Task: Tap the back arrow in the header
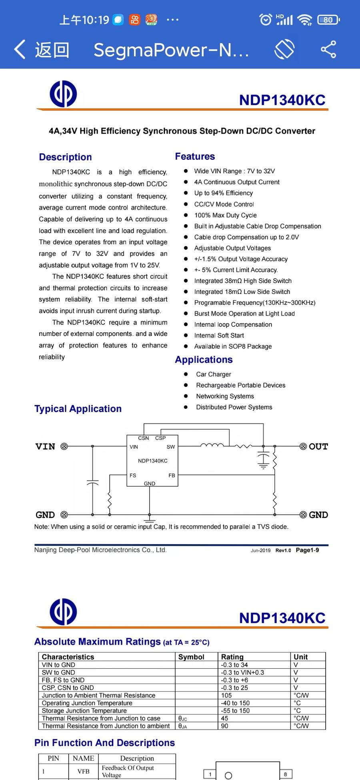tap(20, 50)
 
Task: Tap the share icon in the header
tap(328, 50)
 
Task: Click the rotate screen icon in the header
tap(284, 50)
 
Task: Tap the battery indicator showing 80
tap(328, 20)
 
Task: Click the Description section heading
tap(65, 157)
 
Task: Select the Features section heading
tap(195, 156)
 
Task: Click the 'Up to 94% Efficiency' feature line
tap(223, 193)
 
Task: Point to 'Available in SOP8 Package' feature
tap(233, 346)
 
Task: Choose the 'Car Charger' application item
tap(213, 374)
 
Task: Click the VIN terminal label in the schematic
tap(45, 446)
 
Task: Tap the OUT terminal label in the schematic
tap(318, 446)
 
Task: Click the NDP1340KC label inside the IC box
tap(153, 461)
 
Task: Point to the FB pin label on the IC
tap(172, 476)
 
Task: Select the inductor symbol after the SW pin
tap(212, 445)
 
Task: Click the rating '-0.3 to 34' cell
tap(234, 665)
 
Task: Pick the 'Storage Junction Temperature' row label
tap(84, 710)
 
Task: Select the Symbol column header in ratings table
tap(191, 657)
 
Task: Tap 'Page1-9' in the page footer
tap(307, 550)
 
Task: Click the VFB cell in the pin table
tap(84, 771)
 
